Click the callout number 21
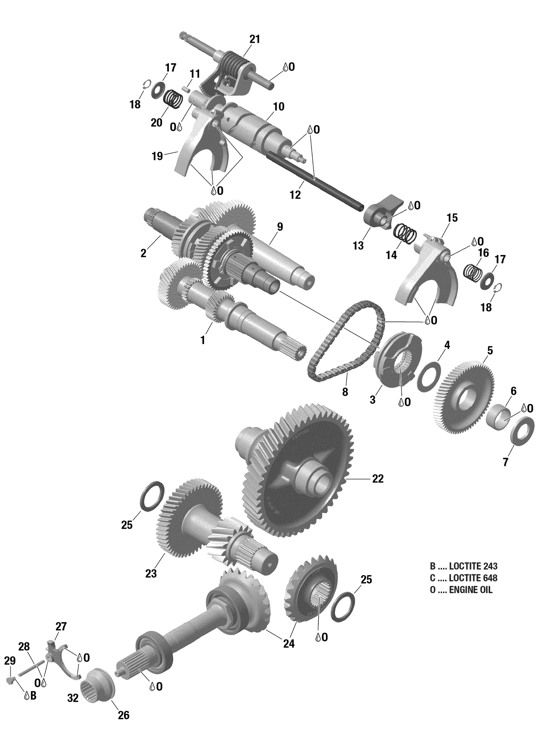tap(254, 39)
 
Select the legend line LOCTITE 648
tap(464, 578)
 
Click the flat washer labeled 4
tap(429, 377)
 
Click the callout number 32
tap(73, 698)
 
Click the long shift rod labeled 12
tap(316, 180)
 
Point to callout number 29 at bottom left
tap(10, 660)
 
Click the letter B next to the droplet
tap(33, 696)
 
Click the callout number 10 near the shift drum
tap(278, 107)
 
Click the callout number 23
tap(151, 574)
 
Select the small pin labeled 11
tap(186, 88)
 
